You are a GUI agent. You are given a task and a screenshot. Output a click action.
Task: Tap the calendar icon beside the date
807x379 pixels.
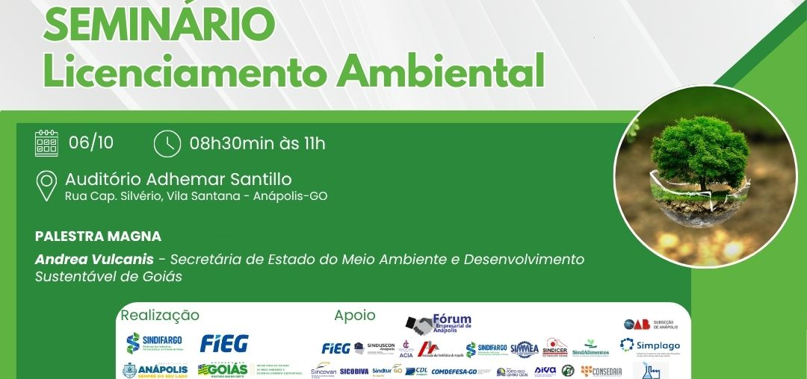click(x=46, y=142)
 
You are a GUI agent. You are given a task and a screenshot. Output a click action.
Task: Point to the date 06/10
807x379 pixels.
click(x=91, y=142)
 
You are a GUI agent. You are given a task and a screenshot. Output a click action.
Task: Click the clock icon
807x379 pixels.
click(x=167, y=143)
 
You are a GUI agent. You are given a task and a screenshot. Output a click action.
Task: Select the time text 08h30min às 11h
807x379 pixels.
click(x=257, y=143)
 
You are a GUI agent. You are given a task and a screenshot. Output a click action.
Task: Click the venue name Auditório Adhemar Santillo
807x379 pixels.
click(x=178, y=179)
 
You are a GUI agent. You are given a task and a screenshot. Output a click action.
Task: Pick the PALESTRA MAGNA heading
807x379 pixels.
click(x=98, y=237)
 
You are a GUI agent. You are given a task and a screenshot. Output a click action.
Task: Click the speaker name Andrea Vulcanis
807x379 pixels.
click(x=94, y=260)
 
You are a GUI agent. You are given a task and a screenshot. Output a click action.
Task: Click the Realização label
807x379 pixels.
click(x=160, y=316)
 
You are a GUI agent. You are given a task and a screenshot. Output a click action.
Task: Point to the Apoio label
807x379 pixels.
click(x=355, y=316)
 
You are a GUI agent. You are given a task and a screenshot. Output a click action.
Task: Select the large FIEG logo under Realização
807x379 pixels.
click(x=224, y=343)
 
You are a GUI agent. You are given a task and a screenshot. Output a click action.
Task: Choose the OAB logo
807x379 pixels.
click(x=637, y=324)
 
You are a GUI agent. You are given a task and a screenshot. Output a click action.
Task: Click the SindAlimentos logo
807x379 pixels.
click(x=590, y=348)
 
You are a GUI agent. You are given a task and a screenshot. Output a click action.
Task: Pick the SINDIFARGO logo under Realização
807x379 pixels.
click(x=155, y=342)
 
